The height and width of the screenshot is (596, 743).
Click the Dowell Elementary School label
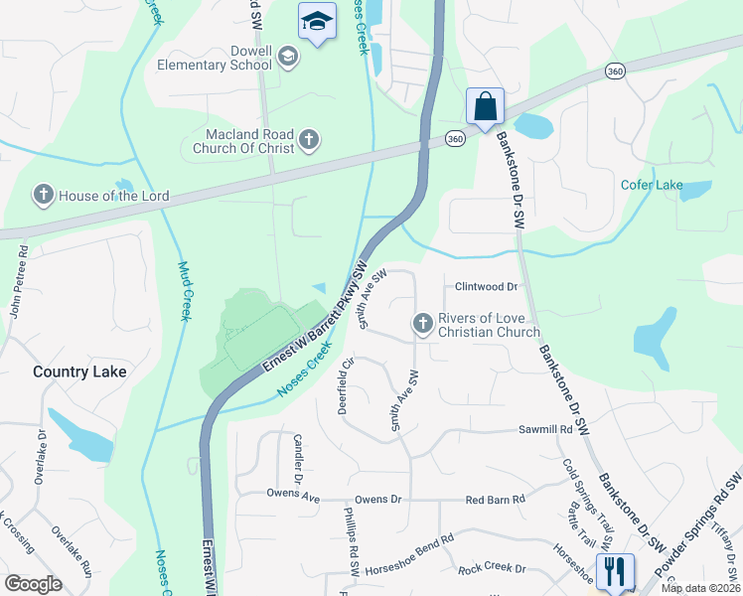pos(214,57)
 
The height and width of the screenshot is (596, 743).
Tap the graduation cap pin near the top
pos(317,21)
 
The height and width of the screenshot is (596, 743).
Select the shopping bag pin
pos(485,106)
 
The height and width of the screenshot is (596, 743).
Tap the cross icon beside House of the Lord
pos(43,195)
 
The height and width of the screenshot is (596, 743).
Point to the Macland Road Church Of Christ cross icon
pos(308,140)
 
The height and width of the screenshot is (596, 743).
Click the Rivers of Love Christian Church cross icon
pos(422,324)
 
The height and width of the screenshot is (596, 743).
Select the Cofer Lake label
pos(652,185)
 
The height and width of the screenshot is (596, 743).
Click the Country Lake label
pos(79,372)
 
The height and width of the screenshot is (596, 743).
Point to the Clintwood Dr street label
pos(487,287)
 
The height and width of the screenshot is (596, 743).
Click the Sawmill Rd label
pos(545,430)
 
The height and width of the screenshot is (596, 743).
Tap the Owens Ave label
pos(293,494)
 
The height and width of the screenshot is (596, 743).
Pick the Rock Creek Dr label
pos(491,570)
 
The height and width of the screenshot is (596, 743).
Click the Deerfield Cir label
pos(347,387)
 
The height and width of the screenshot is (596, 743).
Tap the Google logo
pos(34,584)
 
